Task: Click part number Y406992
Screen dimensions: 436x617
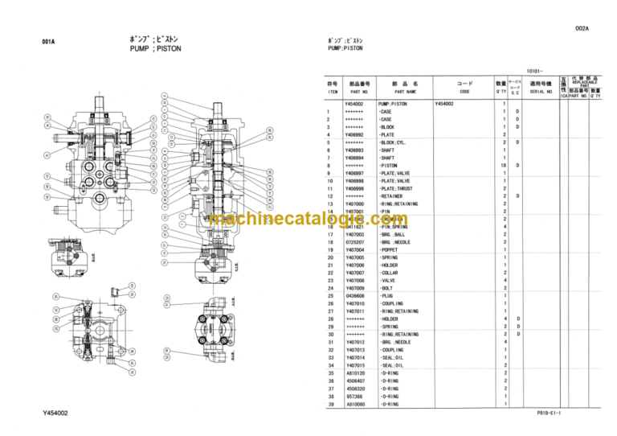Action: pos(353,134)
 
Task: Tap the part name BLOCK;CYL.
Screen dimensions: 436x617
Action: pos(396,142)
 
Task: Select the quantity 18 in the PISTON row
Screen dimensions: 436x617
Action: pos(504,166)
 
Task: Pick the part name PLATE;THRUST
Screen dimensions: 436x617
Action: pos(400,188)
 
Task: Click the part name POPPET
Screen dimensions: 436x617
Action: pos(391,250)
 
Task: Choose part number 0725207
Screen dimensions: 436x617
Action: pos(353,242)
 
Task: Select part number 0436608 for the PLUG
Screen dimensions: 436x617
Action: pos(353,296)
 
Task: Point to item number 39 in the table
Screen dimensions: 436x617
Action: pos(328,405)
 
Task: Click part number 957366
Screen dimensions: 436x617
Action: pos(353,397)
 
